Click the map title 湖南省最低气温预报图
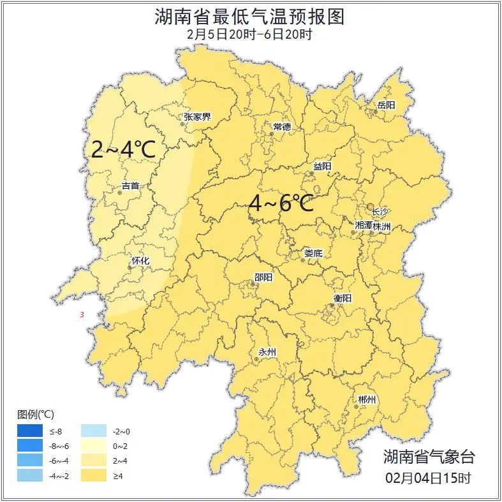click(x=250, y=17)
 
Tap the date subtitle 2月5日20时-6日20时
click(x=250, y=34)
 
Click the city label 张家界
click(x=197, y=117)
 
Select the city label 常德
click(x=282, y=127)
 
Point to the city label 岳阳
click(x=386, y=105)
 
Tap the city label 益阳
click(x=322, y=166)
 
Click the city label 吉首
click(x=130, y=186)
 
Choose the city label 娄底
click(x=313, y=253)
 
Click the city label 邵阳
click(x=263, y=277)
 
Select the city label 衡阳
click(x=342, y=298)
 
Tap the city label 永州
click(x=267, y=352)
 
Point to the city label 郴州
click(x=367, y=400)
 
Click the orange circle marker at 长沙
click(x=371, y=206)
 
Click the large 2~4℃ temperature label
click(x=124, y=149)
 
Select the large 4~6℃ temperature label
click(x=281, y=203)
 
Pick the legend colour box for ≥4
click(x=96, y=476)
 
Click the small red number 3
click(x=82, y=315)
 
